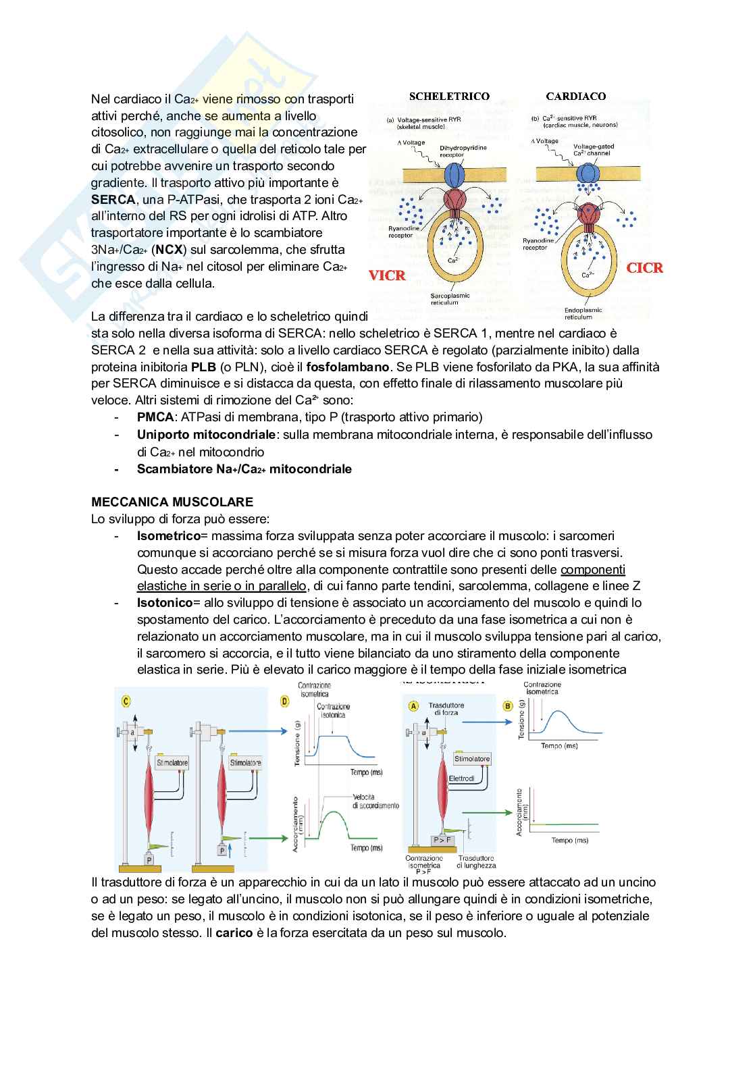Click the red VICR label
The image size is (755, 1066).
click(387, 275)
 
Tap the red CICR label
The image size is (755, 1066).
click(645, 268)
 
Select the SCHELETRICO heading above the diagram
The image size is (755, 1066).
click(449, 97)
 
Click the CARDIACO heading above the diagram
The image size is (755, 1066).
click(575, 97)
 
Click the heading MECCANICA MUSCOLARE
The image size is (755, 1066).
click(172, 502)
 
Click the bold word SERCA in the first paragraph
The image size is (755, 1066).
click(113, 200)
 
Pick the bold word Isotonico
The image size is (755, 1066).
click(165, 602)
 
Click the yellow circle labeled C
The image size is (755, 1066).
click(126, 701)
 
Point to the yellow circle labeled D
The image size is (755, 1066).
click(285, 702)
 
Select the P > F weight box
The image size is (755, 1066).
click(442, 840)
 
